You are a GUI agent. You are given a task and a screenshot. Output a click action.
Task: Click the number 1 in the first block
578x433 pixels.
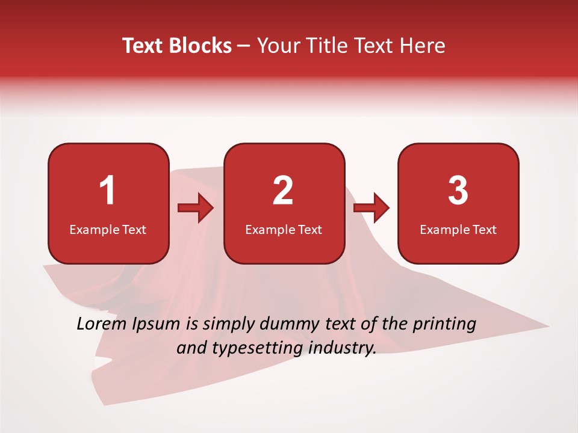pos(107,191)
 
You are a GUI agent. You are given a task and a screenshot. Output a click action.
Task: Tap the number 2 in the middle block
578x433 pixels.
pos(283,191)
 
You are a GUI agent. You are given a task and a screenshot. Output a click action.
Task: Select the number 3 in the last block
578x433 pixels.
pos(458,191)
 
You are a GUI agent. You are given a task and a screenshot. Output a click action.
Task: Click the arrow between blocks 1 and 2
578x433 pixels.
pos(196,209)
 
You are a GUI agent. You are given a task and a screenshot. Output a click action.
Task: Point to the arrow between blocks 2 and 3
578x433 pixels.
pos(371,209)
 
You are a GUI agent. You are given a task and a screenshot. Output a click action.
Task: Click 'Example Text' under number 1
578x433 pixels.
pos(108,229)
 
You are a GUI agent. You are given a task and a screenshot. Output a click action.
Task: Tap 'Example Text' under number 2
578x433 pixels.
pos(284,229)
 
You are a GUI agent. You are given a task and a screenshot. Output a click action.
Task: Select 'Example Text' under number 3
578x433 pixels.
pos(458,229)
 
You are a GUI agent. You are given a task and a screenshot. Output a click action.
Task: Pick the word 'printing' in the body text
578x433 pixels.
pos(444,325)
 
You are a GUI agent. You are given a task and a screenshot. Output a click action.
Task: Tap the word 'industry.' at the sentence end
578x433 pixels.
pos(341,348)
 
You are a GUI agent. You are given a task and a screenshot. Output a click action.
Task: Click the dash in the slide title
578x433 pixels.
pos(244,46)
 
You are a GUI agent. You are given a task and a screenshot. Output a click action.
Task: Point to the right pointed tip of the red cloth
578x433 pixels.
pos(547,327)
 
